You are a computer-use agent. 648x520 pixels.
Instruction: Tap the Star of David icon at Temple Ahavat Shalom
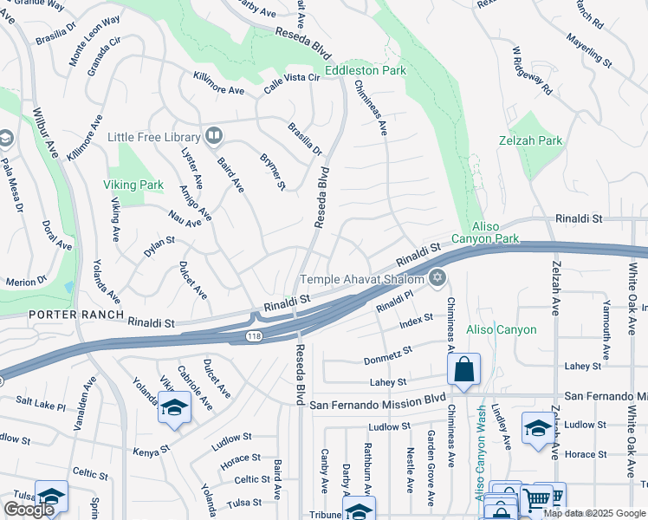click(x=437, y=278)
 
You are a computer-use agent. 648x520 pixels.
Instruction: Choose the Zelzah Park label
click(x=531, y=140)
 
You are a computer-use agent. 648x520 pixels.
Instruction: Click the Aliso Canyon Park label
click(x=485, y=232)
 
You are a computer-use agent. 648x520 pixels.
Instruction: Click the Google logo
click(x=29, y=509)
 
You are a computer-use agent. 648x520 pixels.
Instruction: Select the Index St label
click(x=416, y=323)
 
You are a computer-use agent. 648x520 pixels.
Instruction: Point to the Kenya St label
click(x=150, y=452)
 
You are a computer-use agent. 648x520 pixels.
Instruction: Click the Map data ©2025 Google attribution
click(x=593, y=513)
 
